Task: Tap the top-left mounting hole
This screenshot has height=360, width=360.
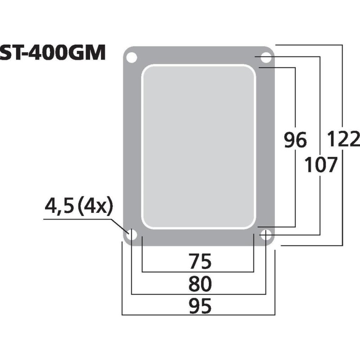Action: tap(131, 58)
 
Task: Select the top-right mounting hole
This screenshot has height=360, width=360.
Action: tap(266, 58)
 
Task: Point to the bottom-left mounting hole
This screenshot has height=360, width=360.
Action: tap(132, 234)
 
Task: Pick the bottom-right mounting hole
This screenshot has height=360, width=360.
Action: tap(266, 234)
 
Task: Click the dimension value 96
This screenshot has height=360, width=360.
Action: tap(295, 141)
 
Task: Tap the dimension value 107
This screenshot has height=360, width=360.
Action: tap(320, 166)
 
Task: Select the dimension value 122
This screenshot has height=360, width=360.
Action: tap(343, 139)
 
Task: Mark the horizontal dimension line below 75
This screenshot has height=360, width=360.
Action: tap(198, 272)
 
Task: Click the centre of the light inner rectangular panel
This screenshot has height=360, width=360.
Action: tap(198, 146)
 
